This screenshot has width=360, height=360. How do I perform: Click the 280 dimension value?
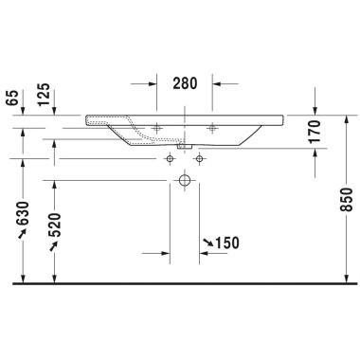tap(185, 82)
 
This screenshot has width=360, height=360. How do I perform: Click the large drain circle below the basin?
tap(185, 180)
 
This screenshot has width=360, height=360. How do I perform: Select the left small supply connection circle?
tap(171, 156)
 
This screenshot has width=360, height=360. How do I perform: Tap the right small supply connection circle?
tap(198, 156)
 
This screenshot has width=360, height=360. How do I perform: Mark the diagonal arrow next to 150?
tap(205, 244)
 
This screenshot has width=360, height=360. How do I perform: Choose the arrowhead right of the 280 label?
tap(217, 82)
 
